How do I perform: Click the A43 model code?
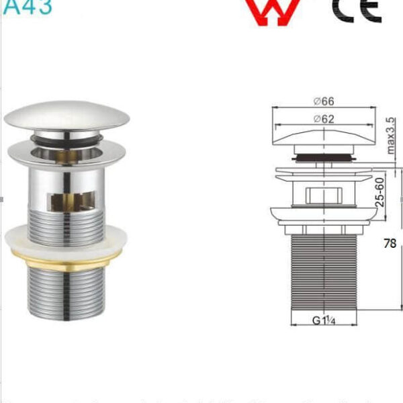click(26, 6)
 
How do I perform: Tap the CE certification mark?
click(357, 9)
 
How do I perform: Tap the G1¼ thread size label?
click(323, 320)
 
